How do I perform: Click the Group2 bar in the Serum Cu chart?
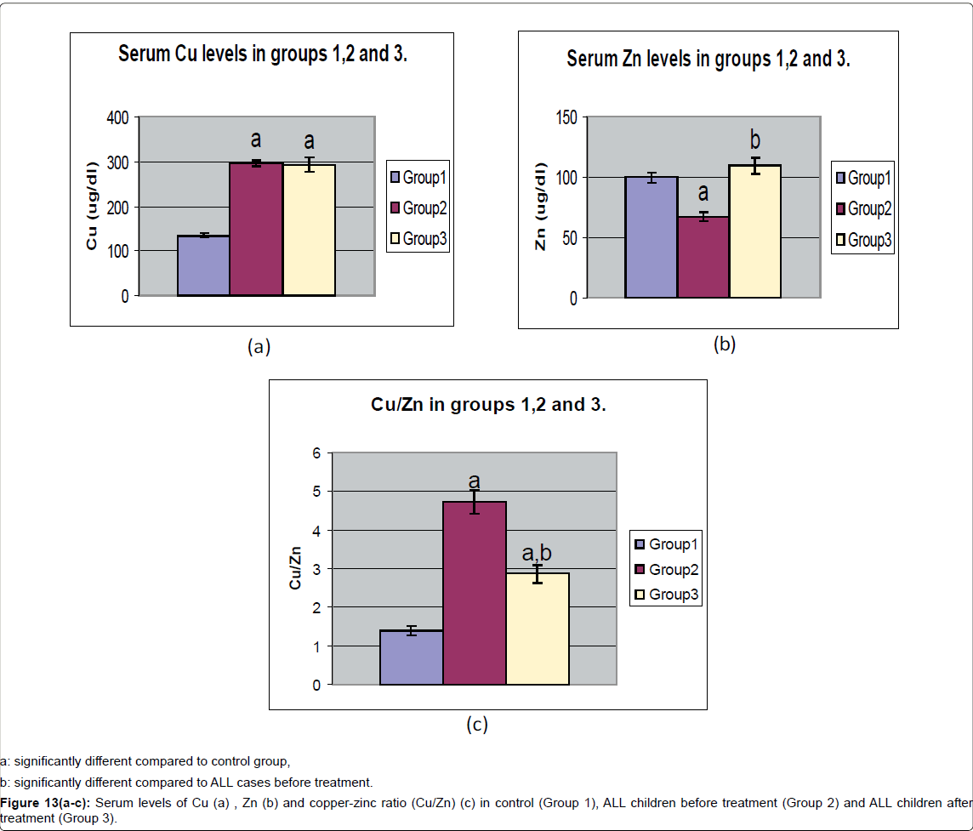(256, 230)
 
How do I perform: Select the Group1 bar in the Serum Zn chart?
(651, 238)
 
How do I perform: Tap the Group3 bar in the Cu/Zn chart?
(538, 629)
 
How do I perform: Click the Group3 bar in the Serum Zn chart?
(755, 231)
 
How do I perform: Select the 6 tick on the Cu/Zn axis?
(316, 453)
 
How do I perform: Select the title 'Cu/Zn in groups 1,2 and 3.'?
(488, 404)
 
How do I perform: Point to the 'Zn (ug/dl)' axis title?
(540, 207)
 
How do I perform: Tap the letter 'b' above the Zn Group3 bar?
(754, 139)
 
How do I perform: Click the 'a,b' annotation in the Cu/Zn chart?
(537, 553)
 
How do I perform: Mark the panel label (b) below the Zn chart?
(724, 344)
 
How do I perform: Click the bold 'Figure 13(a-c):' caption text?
(40, 803)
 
